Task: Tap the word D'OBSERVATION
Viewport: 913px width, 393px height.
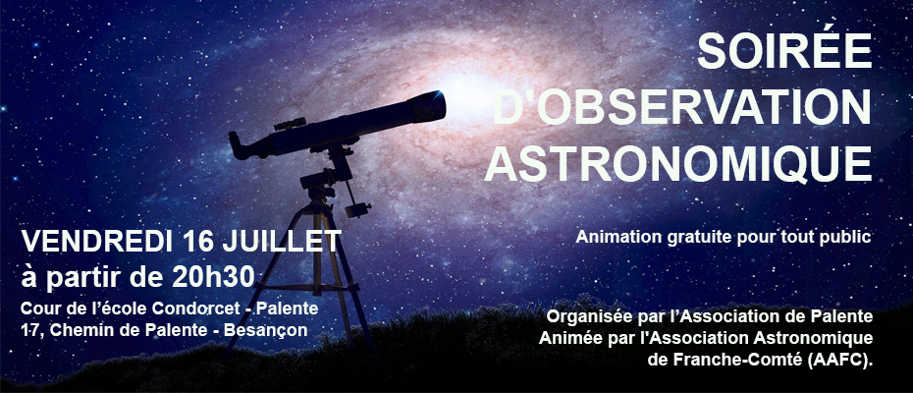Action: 682,107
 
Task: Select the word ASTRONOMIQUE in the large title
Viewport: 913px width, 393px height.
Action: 678,163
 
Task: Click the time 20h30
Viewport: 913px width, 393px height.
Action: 213,277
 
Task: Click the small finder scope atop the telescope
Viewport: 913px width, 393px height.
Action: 290,124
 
